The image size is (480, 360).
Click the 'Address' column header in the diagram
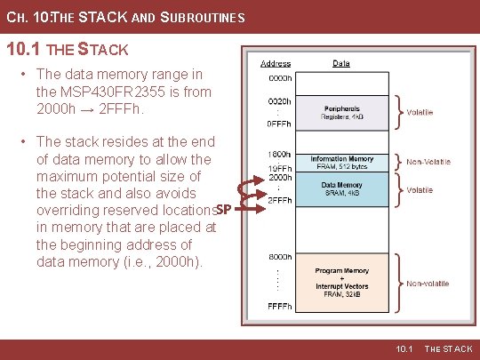[276, 64]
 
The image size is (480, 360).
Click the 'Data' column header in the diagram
[341, 64]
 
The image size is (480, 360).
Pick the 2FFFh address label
[280, 199]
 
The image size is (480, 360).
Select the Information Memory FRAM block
[342, 163]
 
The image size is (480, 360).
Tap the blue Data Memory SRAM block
[342, 188]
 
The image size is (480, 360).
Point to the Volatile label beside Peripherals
[420, 113]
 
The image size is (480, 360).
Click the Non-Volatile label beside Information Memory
[428, 162]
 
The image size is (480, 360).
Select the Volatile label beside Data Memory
[420, 189]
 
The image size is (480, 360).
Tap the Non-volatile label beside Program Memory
[428, 284]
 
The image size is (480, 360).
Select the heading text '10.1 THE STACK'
[68, 49]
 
